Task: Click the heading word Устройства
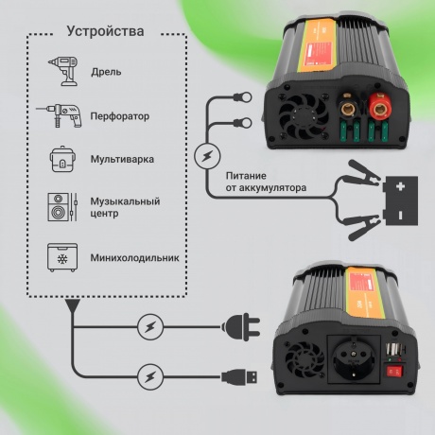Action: click(x=105, y=31)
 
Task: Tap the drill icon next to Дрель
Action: click(x=62, y=70)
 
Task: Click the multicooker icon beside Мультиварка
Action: click(x=62, y=160)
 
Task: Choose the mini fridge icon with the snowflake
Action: click(x=62, y=256)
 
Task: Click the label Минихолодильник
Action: click(x=134, y=256)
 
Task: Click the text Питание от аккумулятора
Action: click(x=266, y=181)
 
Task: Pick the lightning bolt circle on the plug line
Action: click(x=149, y=327)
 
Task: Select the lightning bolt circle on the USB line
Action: click(x=149, y=375)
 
